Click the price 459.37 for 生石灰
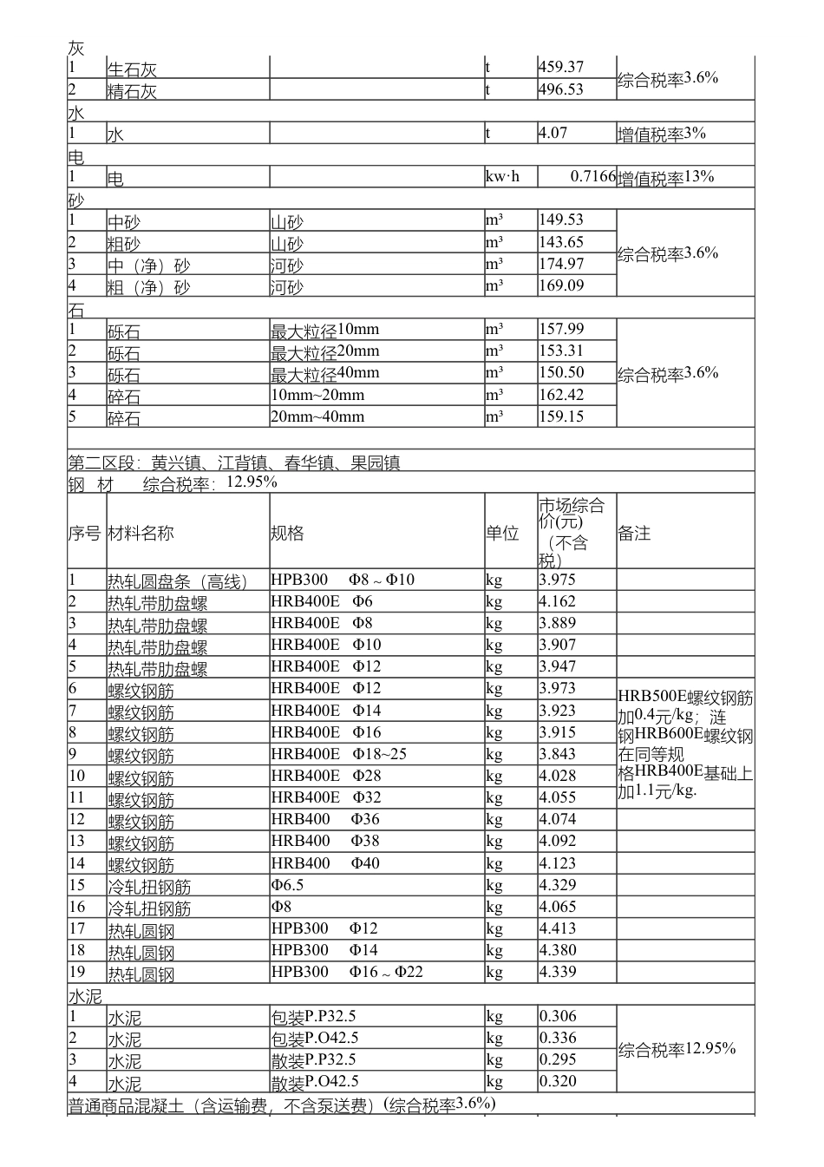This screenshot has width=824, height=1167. coord(561,68)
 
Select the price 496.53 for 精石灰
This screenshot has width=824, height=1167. coord(561,89)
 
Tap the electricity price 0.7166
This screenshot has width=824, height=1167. coord(592,177)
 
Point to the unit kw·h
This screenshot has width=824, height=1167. coord(502,177)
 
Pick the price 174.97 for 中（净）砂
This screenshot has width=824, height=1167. coord(561,264)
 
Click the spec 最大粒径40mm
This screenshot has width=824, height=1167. coord(325,374)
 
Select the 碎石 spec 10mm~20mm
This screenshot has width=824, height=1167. coord(317,396)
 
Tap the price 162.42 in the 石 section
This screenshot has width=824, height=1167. coord(561,396)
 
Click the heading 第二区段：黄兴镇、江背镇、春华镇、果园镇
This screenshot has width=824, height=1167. coord(234,462)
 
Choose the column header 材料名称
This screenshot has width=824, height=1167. coord(141,533)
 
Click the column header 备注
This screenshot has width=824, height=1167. coord(634,534)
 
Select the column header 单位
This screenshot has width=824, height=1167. coord(502,533)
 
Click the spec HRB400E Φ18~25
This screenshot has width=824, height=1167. coord(338,754)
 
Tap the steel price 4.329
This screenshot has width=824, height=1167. coord(557,885)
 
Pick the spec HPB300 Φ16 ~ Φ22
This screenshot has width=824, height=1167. coord(347,972)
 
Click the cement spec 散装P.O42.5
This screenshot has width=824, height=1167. coord(315,1082)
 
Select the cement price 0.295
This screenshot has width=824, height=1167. coord(557,1059)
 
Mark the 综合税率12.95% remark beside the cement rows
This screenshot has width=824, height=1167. coord(677,1050)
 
